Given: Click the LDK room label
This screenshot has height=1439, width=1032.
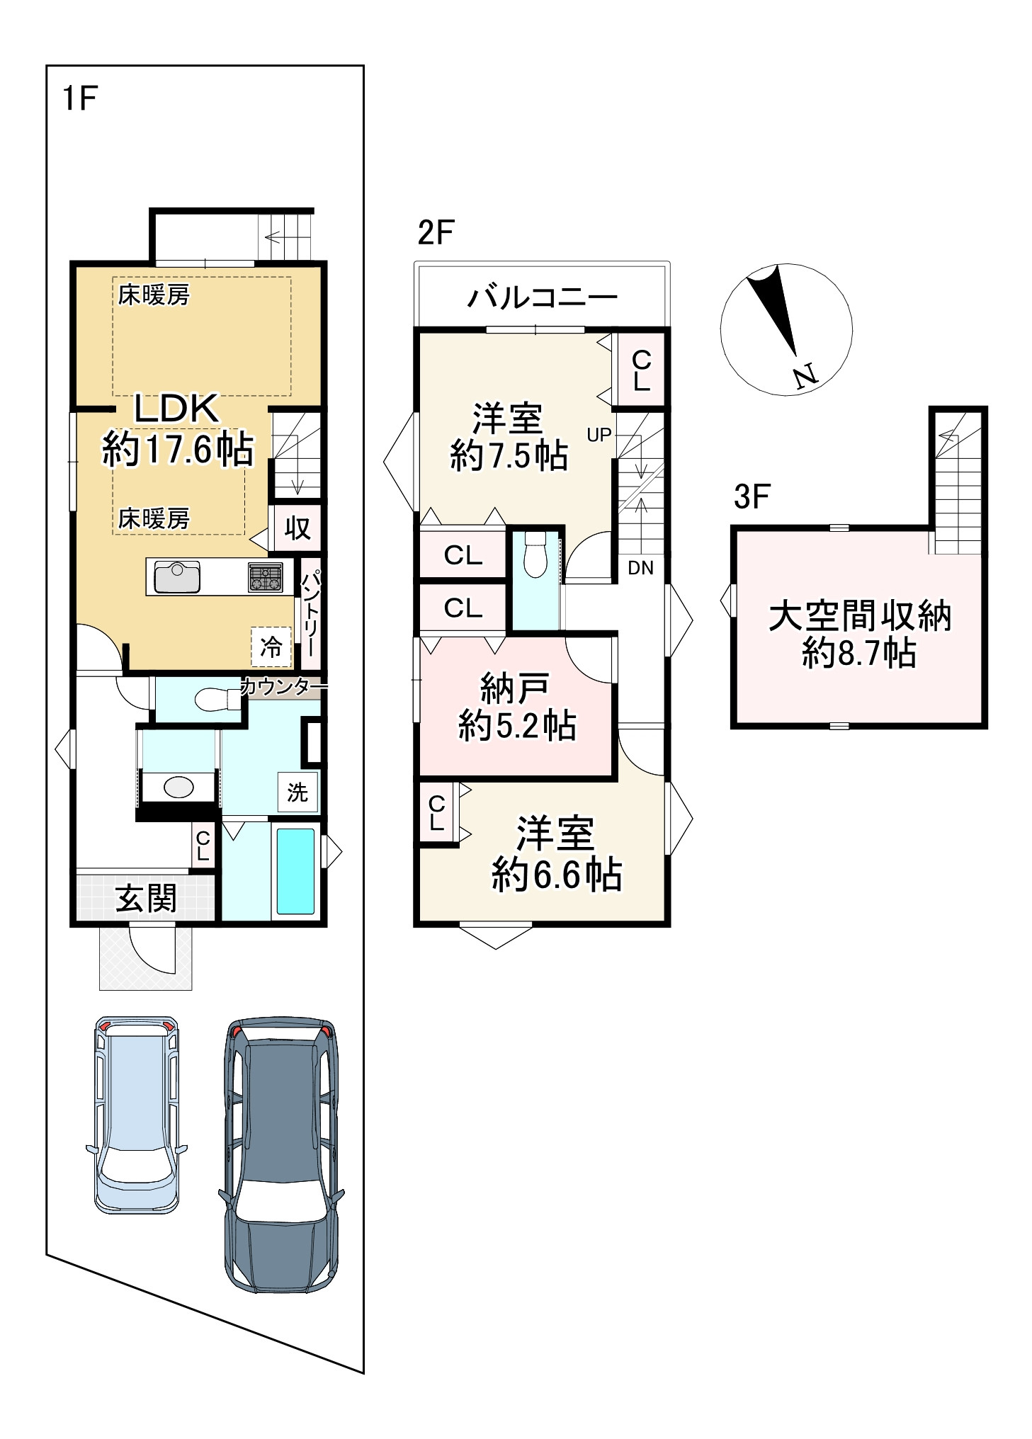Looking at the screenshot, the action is pyautogui.click(x=177, y=408).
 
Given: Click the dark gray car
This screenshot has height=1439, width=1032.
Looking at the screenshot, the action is pyautogui.click(x=281, y=1156).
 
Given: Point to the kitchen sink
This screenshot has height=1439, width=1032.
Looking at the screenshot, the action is pyautogui.click(x=177, y=576).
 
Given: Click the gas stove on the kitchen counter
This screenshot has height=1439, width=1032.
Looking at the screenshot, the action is pyautogui.click(x=266, y=577).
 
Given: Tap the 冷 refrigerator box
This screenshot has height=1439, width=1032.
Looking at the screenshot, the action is pyautogui.click(x=271, y=646).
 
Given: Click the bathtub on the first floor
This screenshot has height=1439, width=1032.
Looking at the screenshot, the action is pyautogui.click(x=295, y=871).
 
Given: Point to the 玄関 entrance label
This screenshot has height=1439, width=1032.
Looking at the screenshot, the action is pyautogui.click(x=146, y=899).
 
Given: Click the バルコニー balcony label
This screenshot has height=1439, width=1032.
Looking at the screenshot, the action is pyautogui.click(x=542, y=297).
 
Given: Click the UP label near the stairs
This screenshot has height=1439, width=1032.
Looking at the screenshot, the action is pyautogui.click(x=599, y=435).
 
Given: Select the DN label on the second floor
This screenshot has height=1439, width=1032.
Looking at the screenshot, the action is pyautogui.click(x=640, y=567).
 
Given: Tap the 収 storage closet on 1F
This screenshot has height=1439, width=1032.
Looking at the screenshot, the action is pyautogui.click(x=297, y=528).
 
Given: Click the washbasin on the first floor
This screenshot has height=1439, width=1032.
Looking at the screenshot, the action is pyautogui.click(x=178, y=787).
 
